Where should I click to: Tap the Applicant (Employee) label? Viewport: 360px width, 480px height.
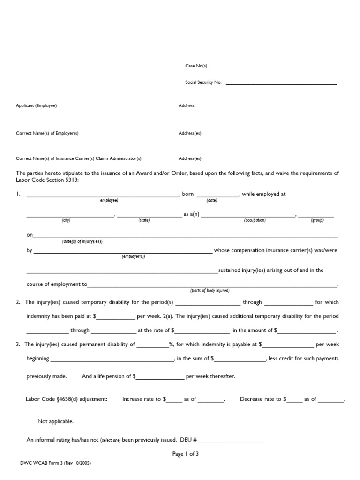[36, 106]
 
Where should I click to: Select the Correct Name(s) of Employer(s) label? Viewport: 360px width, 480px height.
[47, 133]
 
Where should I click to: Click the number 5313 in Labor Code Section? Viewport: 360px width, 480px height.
[71, 180]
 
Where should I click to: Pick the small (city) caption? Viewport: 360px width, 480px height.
[66, 220]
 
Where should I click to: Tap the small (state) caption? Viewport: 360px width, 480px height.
[144, 220]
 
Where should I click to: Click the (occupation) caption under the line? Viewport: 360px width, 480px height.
[255, 220]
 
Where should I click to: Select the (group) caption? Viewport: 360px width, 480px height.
[317, 220]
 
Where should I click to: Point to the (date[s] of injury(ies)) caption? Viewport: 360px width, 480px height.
[82, 241]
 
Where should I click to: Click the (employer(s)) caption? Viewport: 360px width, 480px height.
[134, 257]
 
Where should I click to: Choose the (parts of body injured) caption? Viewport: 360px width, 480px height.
[210, 291]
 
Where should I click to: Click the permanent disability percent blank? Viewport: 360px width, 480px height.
[153, 345]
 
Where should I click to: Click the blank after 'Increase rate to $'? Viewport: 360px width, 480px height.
[174, 400]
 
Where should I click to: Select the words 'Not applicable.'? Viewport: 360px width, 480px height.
[55, 421]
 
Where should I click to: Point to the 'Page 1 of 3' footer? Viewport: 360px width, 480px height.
[186, 454]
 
